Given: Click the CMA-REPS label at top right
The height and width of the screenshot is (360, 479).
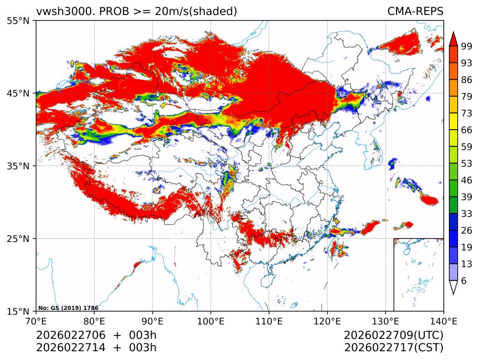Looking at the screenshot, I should (x=415, y=11).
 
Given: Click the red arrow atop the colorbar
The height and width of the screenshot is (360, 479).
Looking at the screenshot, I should (x=453, y=38).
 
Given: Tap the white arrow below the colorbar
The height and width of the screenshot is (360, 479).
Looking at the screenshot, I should (x=453, y=287).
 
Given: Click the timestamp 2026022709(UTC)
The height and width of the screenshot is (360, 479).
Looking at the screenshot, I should (x=394, y=336).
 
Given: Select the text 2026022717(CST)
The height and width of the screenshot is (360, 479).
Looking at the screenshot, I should (x=394, y=348).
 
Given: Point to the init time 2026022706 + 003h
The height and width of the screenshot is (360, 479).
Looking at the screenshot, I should (x=96, y=336).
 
